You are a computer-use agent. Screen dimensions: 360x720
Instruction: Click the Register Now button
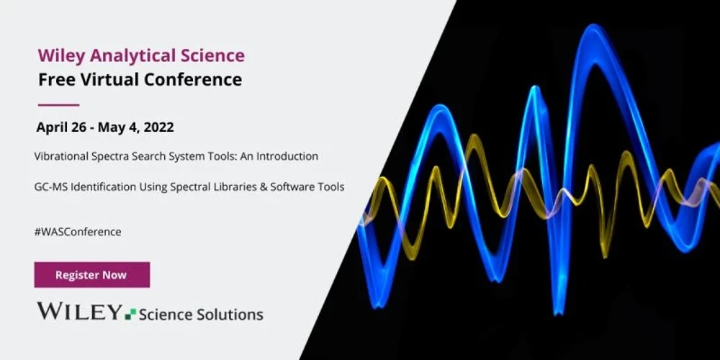tap(91, 275)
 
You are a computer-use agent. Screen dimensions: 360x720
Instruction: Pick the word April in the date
tap(52, 128)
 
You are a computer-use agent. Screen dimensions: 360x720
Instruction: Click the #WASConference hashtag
tap(78, 232)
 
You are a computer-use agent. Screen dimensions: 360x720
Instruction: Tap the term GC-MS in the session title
tap(49, 186)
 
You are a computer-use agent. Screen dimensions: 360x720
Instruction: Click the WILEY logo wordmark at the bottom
tap(79, 312)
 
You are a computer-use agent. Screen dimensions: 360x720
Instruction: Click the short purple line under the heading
tap(58, 104)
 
